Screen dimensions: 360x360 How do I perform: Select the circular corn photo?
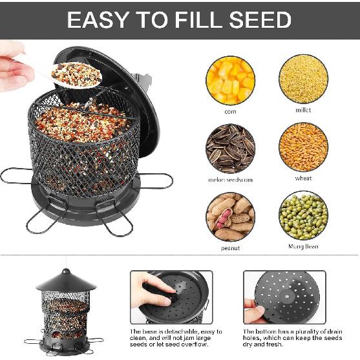coord(230,79)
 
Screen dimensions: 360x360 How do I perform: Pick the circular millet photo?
coord(303,79)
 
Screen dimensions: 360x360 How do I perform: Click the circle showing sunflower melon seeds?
coord(230,148)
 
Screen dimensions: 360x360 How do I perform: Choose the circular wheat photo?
coord(303,147)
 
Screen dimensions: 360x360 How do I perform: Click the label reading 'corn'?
coord(231,111)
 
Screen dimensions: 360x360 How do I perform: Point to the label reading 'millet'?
coord(303,110)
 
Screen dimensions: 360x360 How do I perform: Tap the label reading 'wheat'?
coord(303,178)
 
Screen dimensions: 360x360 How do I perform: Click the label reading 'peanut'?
coord(231,248)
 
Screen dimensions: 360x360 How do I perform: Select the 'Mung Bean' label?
coord(303,246)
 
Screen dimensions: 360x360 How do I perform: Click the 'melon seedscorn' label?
coord(231,179)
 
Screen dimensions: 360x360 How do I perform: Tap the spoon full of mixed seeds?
coord(76,75)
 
